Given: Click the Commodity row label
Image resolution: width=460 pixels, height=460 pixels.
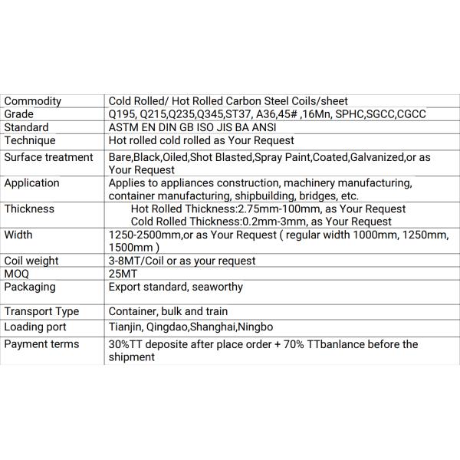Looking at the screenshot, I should (x=33, y=101).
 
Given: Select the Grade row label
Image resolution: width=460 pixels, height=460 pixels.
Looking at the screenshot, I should (x=20, y=114).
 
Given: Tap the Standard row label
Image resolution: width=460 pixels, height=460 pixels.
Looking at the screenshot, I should (x=27, y=127).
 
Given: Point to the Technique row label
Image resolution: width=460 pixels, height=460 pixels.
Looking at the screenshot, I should (x=30, y=140).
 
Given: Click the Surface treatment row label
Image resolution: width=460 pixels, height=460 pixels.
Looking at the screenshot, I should (x=48, y=156).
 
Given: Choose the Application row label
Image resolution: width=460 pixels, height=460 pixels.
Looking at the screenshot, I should (x=32, y=182).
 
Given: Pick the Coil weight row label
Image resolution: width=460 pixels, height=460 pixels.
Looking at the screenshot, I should (x=31, y=261).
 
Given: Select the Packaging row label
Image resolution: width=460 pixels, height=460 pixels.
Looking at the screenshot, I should (x=30, y=287).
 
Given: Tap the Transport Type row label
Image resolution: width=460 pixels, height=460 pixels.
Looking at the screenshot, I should (x=42, y=311).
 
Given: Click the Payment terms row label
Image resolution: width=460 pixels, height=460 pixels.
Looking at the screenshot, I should (x=42, y=344).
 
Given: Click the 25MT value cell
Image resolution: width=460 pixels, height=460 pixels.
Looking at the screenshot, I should (x=121, y=274).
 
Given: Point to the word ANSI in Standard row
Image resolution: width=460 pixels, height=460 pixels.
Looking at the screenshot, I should (x=262, y=127).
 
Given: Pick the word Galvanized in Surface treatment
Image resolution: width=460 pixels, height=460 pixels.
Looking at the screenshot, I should (x=377, y=156).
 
